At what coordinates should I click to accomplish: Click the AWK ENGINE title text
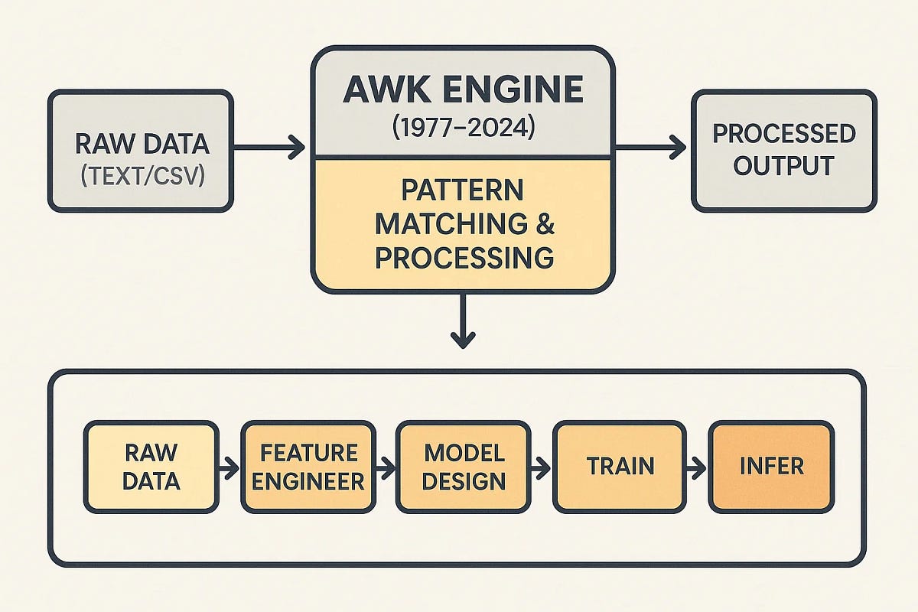click(462, 90)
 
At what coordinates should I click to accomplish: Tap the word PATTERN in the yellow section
click(462, 190)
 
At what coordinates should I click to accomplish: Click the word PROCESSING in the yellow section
click(464, 258)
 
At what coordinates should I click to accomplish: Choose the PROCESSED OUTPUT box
click(783, 150)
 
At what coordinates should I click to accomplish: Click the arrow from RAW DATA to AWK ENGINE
click(269, 148)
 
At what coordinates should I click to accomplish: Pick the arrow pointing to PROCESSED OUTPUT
click(651, 148)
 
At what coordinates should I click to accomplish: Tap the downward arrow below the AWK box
click(462, 321)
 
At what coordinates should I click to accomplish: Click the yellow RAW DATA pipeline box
click(151, 466)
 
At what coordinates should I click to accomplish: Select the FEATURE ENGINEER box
click(308, 466)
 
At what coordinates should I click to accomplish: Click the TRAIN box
click(621, 466)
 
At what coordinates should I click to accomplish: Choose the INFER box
click(770, 466)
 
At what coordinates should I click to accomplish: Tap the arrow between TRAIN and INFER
click(698, 466)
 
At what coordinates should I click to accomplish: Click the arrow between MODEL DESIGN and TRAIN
click(541, 466)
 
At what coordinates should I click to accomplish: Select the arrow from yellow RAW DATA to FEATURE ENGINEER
click(229, 466)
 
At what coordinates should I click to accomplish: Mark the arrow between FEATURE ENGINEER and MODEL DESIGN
click(386, 466)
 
